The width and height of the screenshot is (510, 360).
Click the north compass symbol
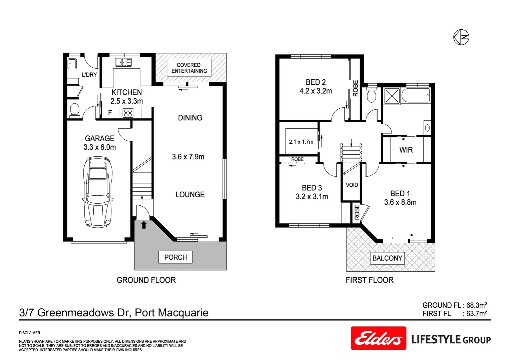tap(461, 37)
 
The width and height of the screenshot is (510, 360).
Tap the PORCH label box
tap(175, 257)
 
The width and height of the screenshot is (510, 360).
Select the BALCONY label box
tap(387, 258)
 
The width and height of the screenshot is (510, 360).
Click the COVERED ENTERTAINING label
tap(189, 68)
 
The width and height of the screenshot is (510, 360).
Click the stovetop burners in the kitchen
tap(128, 113)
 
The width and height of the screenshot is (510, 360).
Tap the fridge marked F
tap(110, 113)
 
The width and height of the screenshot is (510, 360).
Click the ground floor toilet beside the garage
tap(75, 110)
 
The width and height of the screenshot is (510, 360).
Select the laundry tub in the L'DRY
tap(72, 63)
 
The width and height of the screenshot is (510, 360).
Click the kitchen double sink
tap(123, 62)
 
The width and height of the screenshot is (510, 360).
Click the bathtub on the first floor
tap(416, 96)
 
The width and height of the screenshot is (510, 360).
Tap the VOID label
tap(352, 185)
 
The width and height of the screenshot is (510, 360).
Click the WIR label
tap(406, 150)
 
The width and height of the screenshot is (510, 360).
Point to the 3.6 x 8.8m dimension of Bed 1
tap(400, 202)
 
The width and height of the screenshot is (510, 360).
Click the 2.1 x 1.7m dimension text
tap(301, 142)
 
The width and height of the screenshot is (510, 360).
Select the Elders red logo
tap(378, 338)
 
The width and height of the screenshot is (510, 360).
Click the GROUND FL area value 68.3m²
tap(476, 305)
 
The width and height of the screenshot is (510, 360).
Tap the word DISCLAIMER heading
tap(30, 333)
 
